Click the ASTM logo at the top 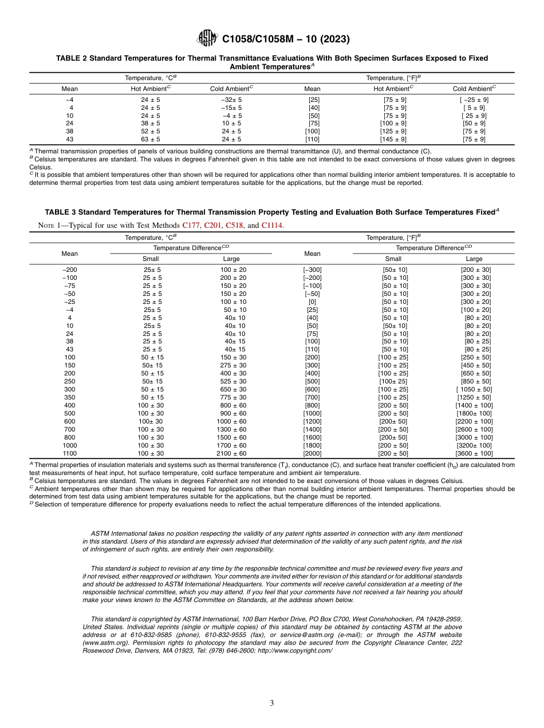[207, 39]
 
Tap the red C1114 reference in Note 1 [272, 225]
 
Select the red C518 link [235, 225]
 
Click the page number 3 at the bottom [272, 703]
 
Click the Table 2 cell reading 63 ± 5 [151, 139]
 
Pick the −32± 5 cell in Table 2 [231, 100]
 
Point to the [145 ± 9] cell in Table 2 [393, 139]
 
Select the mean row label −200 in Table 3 [70, 270]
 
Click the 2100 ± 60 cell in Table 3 [231, 454]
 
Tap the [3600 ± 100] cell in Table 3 [474, 454]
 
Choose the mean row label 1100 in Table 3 [70, 454]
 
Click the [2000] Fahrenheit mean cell [313, 454]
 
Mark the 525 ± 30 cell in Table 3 [231, 382]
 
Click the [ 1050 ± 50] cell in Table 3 [474, 390]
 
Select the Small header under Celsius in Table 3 [151, 259]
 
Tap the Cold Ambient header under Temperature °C [231, 89]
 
